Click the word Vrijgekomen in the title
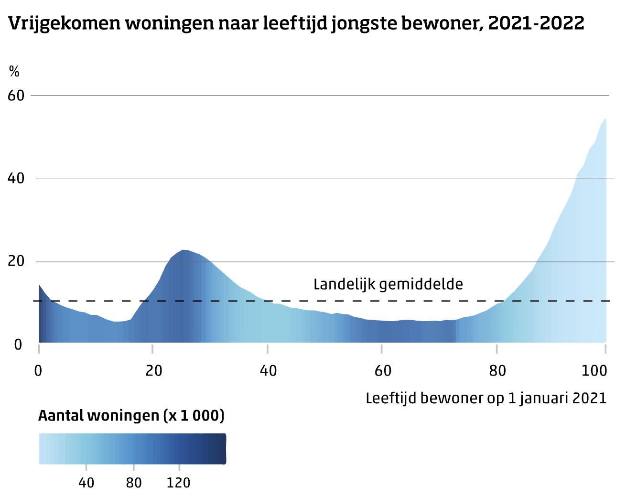click(64, 23)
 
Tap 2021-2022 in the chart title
click(536, 22)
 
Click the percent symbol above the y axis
click(14, 71)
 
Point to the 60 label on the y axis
click(16, 96)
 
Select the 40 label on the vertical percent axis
click(16, 178)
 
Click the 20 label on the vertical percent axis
click(16, 261)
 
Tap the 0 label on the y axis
click(18, 345)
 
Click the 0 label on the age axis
click(38, 371)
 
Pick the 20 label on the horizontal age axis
click(153, 371)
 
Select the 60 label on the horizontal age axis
click(383, 371)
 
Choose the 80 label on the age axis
click(497, 371)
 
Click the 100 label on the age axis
click(594, 371)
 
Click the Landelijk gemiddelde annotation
click(388, 284)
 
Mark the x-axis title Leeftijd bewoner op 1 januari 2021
click(486, 398)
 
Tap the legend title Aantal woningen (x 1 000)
click(131, 416)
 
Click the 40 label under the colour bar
click(86, 483)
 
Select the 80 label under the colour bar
click(133, 483)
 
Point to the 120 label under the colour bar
click(178, 483)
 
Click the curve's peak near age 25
click(183, 250)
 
